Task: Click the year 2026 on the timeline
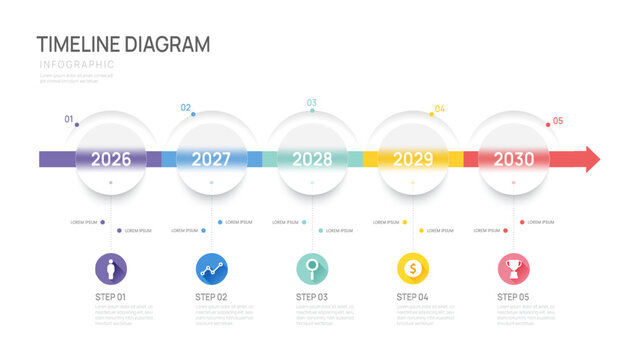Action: (111, 159)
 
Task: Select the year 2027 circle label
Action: (211, 159)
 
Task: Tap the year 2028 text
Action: (312, 159)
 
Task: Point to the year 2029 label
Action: (413, 159)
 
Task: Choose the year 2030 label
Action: (513, 159)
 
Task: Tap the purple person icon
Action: (111, 268)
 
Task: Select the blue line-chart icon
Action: (211, 268)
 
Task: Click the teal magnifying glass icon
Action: (312, 268)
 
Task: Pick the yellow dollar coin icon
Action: (413, 268)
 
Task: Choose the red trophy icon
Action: (513, 268)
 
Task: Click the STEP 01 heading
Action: (111, 297)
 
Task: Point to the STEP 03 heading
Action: (312, 297)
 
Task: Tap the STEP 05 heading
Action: (513, 297)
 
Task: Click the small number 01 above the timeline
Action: (69, 120)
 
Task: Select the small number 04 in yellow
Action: (440, 108)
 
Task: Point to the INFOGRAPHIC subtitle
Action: (77, 65)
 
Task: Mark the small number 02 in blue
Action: (185, 108)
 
